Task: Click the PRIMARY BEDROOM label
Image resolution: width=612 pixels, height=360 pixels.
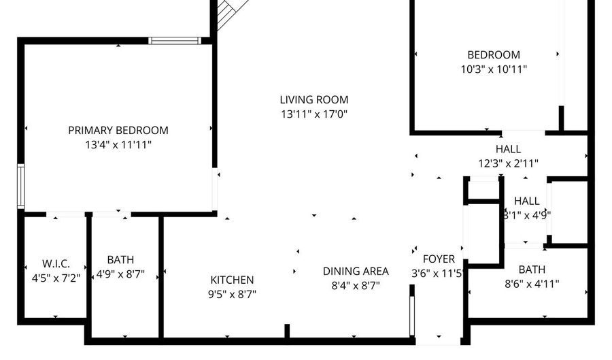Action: pyautogui.click(x=118, y=130)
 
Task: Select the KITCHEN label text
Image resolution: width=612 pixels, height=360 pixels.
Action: pyautogui.click(x=232, y=280)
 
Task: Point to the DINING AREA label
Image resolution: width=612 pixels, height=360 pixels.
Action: pyautogui.click(x=356, y=271)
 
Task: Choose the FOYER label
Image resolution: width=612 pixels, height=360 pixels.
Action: pyautogui.click(x=439, y=259)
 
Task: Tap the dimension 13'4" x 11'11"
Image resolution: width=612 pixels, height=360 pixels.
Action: pyautogui.click(x=118, y=144)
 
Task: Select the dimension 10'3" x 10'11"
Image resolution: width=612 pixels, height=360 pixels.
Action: pyautogui.click(x=493, y=69)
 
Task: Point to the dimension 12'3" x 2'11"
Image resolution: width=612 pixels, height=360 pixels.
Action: pyautogui.click(x=508, y=163)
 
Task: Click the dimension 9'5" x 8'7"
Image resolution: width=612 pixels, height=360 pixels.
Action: pyautogui.click(x=232, y=294)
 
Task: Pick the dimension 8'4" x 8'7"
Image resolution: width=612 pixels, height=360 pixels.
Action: pyautogui.click(x=356, y=285)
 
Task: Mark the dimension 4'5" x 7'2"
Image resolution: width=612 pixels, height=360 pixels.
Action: pyautogui.click(x=56, y=278)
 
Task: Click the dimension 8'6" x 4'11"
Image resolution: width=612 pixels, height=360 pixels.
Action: pyautogui.click(x=532, y=284)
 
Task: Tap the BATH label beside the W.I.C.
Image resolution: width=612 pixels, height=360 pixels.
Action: pyautogui.click(x=120, y=259)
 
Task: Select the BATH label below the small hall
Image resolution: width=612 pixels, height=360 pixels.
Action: pyautogui.click(x=532, y=269)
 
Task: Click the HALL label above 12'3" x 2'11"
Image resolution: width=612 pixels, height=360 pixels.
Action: pyautogui.click(x=508, y=149)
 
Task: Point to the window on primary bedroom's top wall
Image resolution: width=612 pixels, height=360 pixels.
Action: pyautogui.click(x=175, y=41)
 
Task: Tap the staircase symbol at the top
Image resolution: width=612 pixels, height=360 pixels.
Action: pyautogui.click(x=227, y=14)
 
